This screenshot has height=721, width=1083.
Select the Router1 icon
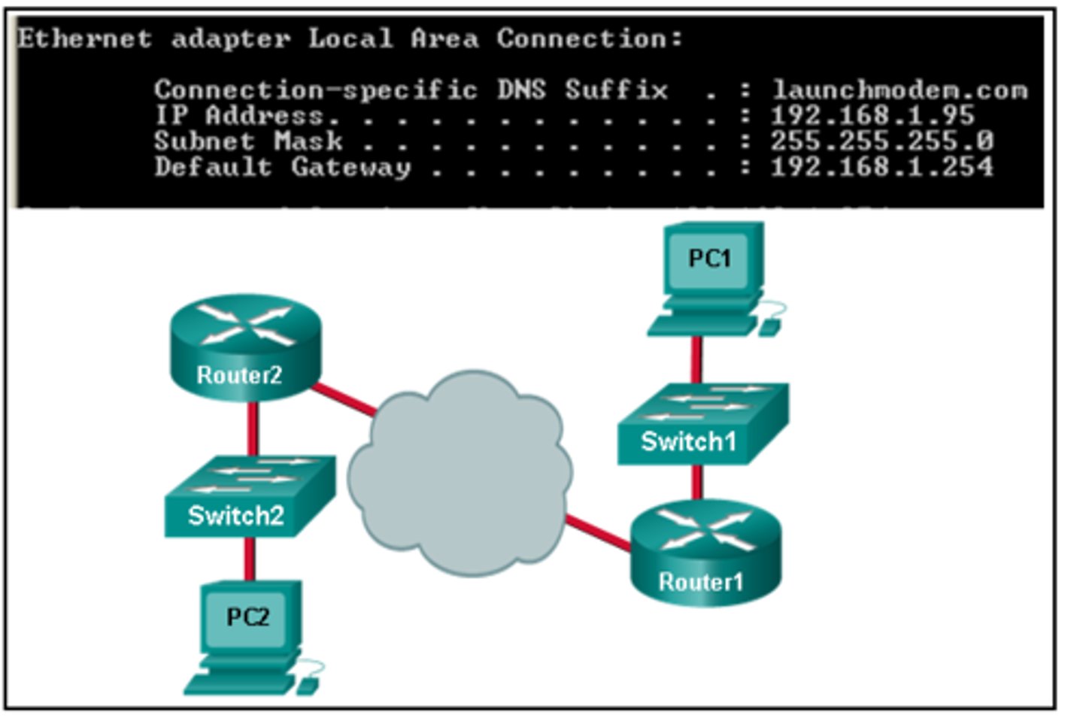click(705, 553)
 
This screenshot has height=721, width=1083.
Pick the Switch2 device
click(249, 496)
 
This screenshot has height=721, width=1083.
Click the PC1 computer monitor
click(710, 259)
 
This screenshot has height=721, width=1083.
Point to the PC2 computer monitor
click(249, 618)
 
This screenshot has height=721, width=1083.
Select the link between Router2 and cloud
click(344, 398)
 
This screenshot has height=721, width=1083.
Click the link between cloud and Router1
click(598, 532)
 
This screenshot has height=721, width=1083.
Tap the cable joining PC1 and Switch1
click(697, 359)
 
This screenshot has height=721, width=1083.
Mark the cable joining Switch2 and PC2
click(249, 559)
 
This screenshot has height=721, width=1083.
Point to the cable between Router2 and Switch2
click(253, 429)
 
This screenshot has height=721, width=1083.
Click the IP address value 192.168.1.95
click(872, 116)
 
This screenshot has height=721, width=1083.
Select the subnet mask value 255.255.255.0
click(881, 141)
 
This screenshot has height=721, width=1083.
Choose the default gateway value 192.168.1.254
click(881, 166)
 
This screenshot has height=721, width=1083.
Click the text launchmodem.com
click(899, 90)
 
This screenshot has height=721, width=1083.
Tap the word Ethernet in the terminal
click(84, 38)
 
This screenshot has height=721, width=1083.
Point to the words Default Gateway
click(283, 167)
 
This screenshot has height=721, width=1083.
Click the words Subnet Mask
click(248, 141)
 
